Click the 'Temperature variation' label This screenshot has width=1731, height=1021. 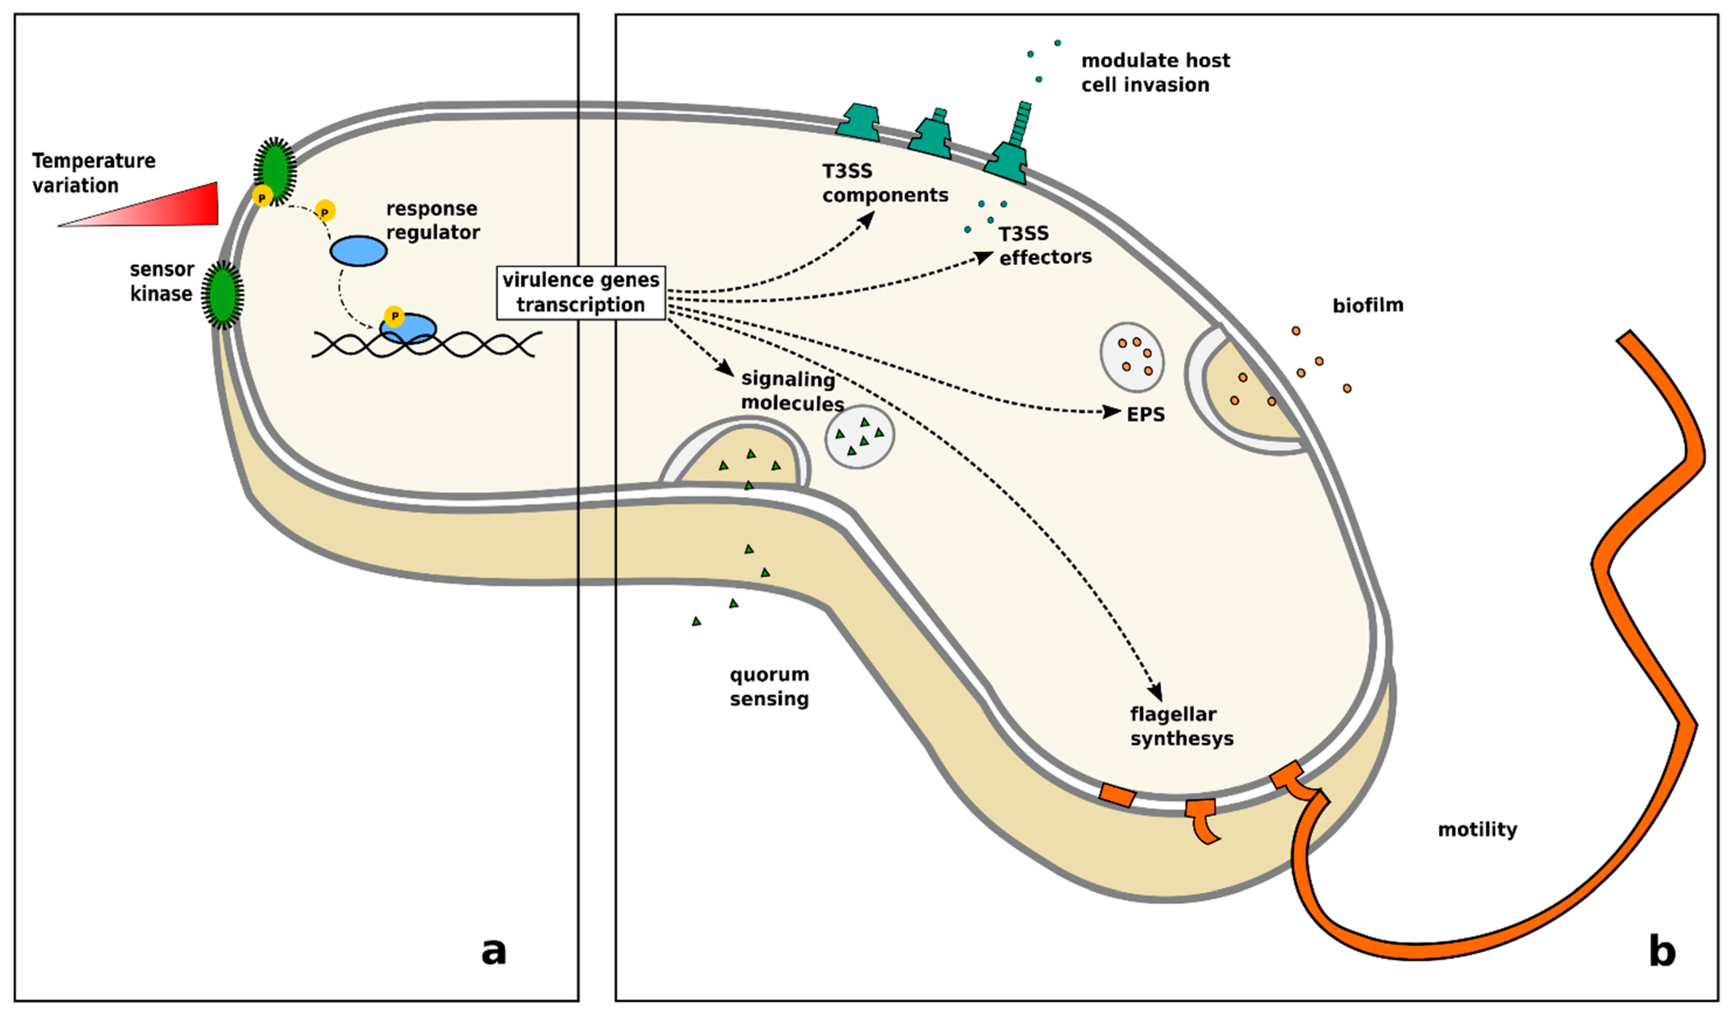point(93,173)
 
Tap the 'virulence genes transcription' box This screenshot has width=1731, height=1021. point(581,292)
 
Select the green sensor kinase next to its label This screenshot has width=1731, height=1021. point(222,294)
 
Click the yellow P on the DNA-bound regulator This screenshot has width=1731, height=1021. point(394,316)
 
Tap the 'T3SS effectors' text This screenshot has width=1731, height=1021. point(1044,245)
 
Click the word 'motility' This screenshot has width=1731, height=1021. point(1477,829)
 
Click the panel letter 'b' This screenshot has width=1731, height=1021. point(1662,952)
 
